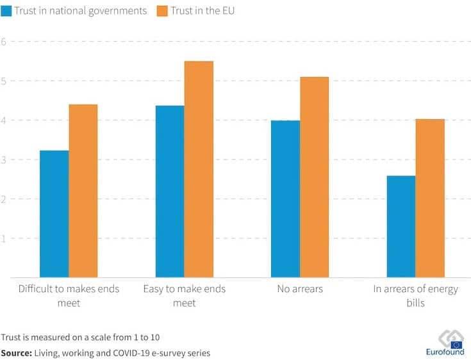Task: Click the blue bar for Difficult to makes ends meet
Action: (54, 214)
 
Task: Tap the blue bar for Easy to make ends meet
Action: (170, 192)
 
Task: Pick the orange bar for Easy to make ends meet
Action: (199, 169)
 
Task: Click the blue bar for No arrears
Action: (285, 199)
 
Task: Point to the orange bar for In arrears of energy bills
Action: (430, 198)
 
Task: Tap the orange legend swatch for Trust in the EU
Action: (163, 12)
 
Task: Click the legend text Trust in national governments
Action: (81, 12)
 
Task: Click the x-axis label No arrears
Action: (300, 289)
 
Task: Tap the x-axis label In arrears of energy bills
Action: (416, 295)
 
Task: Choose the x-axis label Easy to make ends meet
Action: (184, 295)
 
